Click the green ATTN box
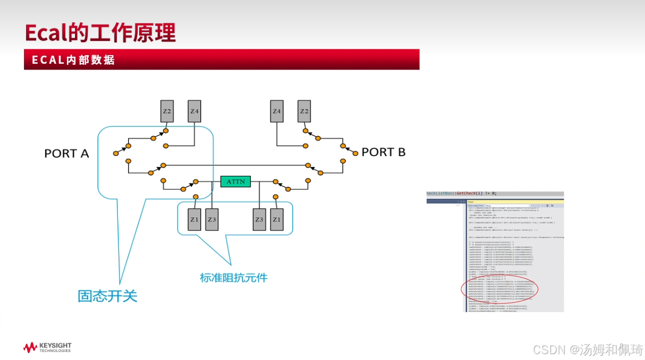235,182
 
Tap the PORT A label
66,153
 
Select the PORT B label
383,152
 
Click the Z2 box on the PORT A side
167,112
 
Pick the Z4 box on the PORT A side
194,112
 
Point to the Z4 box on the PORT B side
277,112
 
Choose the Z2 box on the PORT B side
304,112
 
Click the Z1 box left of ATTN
195,219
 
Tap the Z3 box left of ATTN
212,219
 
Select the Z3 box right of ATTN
259,219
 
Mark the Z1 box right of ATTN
276,219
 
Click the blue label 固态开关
107,296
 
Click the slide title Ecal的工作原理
100,33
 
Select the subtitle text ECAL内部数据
73,59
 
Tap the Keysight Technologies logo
47,348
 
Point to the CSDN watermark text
588,350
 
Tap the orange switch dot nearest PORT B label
355,153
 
